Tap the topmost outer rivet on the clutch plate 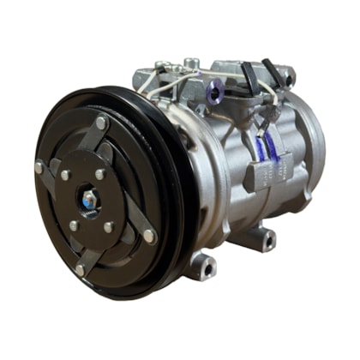[102, 123]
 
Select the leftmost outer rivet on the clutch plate [39, 167]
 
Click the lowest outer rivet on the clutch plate [80, 270]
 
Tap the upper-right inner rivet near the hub [100, 174]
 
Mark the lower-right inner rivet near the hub [109, 227]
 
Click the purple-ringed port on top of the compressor [213, 86]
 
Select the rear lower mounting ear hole [267, 238]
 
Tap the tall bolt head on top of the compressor [191, 63]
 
